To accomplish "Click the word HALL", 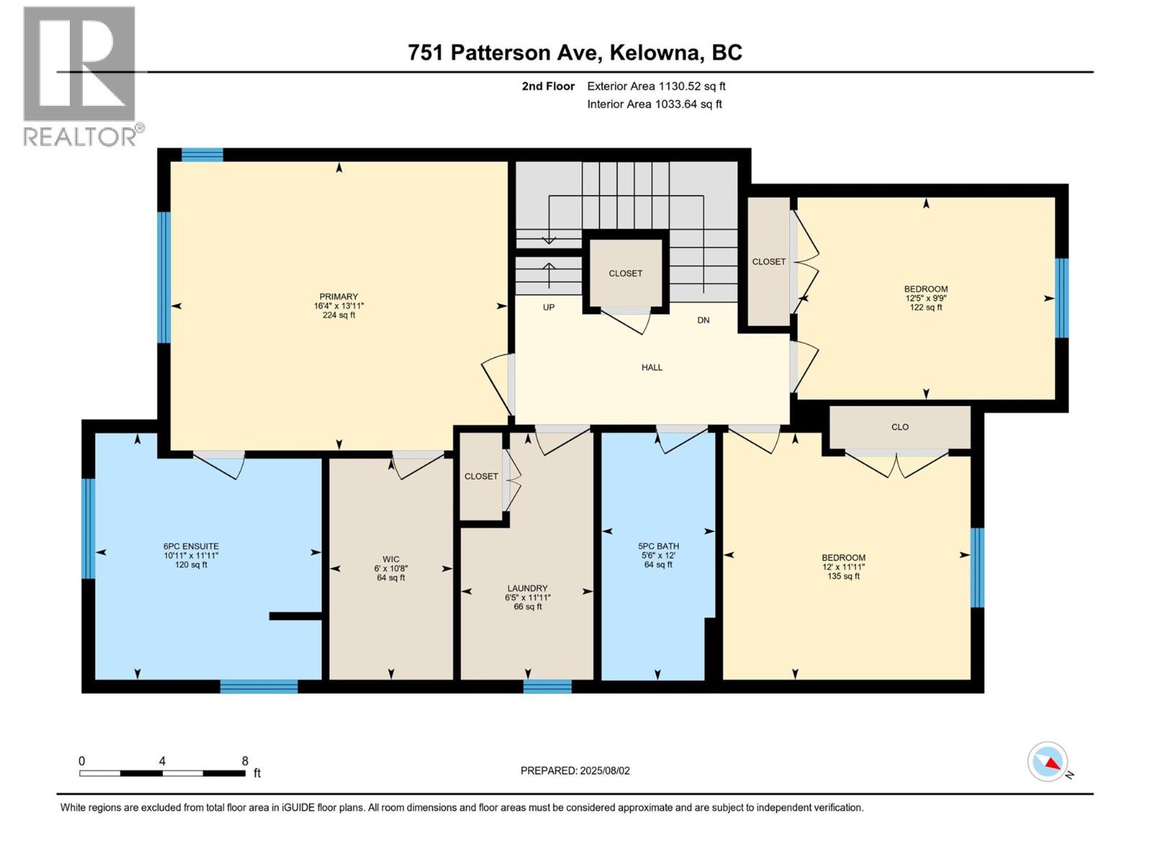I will point(652,368).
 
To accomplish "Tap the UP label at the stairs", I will point(549,307).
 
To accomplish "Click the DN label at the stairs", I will point(704,320).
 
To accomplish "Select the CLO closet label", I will point(900,427).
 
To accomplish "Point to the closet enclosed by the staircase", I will point(625,274).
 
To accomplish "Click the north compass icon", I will point(1048,762).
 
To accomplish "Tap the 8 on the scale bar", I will point(245,761).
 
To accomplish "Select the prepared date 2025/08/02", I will point(575,770).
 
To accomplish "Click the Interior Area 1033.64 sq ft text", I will point(654,104).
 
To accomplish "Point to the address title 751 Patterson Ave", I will point(575,53).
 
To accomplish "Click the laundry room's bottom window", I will point(547,686).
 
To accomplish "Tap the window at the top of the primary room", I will point(202,154).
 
